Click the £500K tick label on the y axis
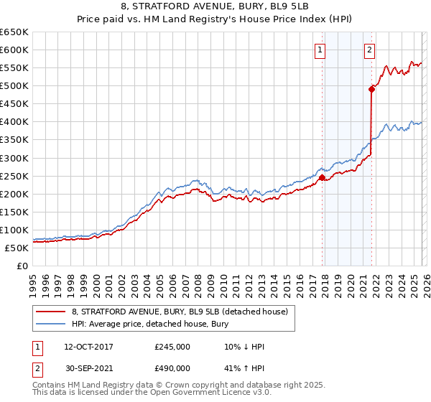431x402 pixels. tap(14, 86)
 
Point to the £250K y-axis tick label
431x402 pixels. tap(14, 176)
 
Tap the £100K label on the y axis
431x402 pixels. tap(14, 230)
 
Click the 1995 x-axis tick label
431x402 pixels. tap(33, 279)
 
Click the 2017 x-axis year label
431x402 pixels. tap(312, 279)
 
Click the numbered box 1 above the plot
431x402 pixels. tap(320, 50)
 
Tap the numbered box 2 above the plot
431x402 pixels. tap(369, 50)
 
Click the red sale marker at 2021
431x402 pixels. tap(372, 89)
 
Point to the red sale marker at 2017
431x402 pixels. tap(322, 177)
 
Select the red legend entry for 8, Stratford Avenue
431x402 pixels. tap(180, 312)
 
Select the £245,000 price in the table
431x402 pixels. tap(172, 347)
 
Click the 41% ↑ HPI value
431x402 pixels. tap(244, 368)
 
